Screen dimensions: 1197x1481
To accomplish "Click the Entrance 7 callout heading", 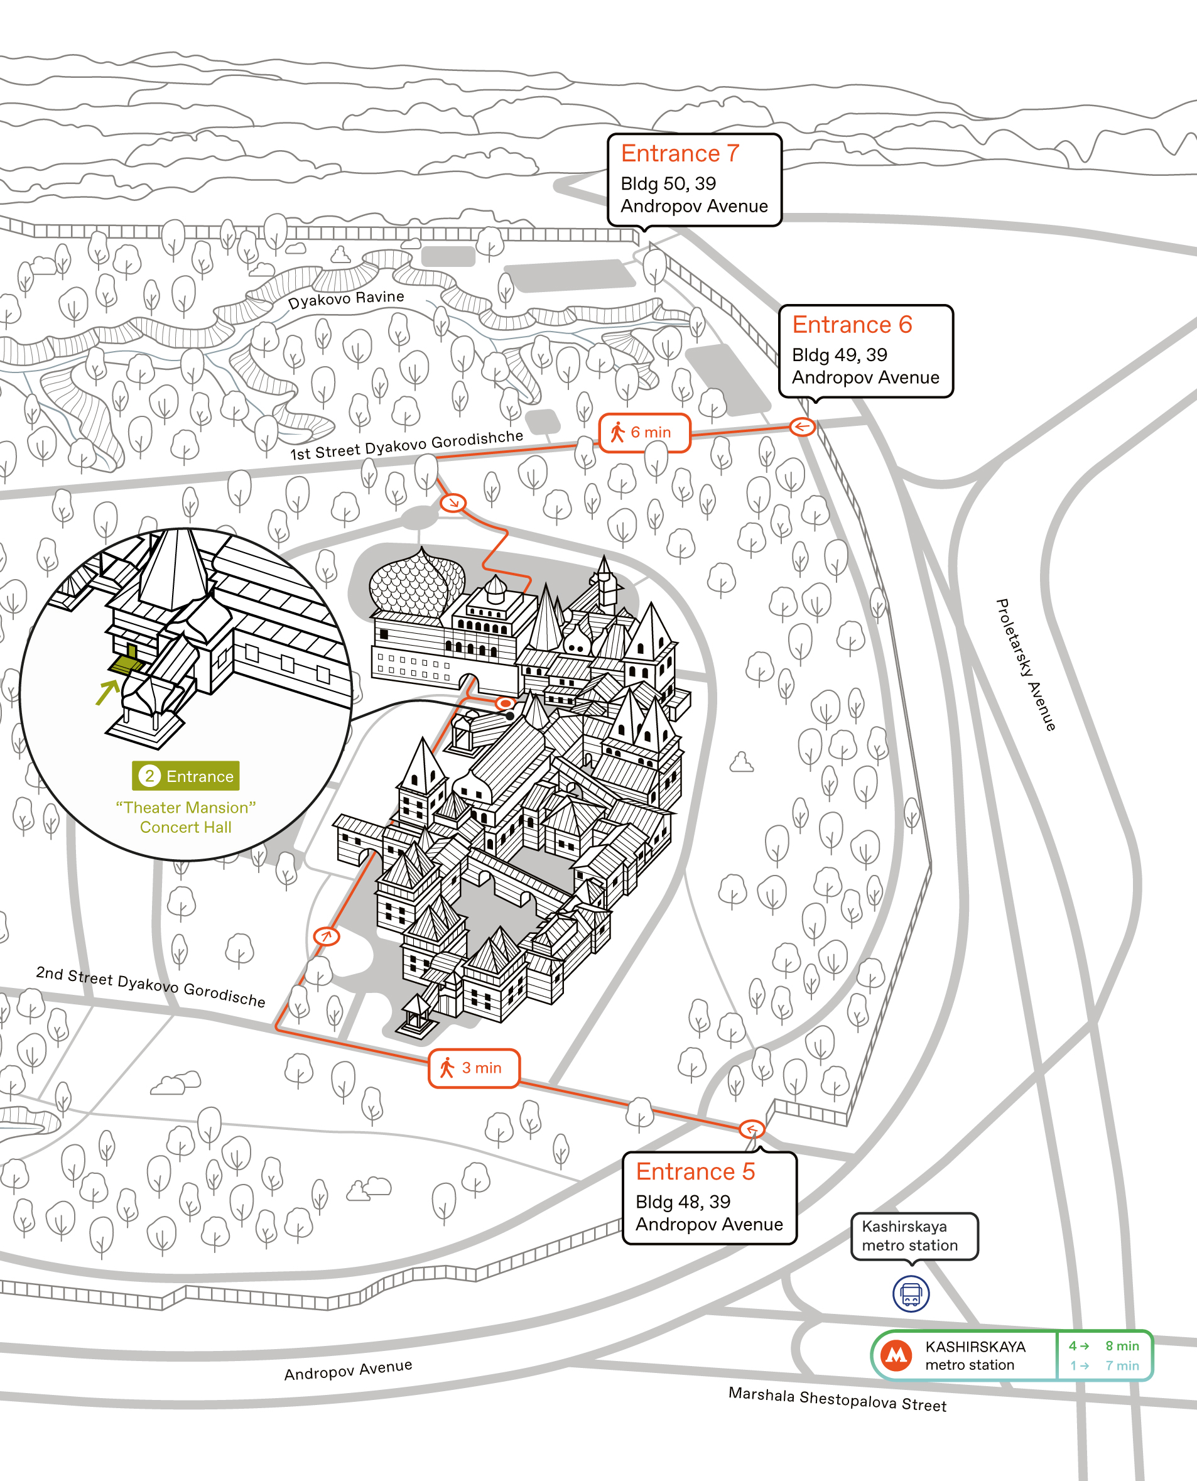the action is point(680,153).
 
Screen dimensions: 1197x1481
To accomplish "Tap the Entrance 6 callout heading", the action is point(852,324).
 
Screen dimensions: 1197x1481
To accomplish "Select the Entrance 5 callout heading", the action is point(695,1171).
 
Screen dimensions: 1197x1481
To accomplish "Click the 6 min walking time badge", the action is point(644,432).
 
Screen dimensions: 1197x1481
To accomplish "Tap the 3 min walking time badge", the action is point(474,1068).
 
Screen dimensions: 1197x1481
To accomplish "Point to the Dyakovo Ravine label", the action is point(346,300).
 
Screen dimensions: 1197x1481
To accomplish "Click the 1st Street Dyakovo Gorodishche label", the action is point(407,445).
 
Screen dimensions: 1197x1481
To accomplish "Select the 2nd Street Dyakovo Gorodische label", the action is point(150,986).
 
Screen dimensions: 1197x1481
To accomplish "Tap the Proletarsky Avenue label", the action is point(1026,665).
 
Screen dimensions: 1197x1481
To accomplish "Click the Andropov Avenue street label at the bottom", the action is point(348,1369).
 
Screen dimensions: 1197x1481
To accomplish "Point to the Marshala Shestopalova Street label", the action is point(837,1399).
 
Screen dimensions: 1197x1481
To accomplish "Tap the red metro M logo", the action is point(896,1355).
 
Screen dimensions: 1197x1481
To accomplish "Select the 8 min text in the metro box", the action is point(1122,1345).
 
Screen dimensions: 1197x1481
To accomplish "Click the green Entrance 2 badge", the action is point(185,776).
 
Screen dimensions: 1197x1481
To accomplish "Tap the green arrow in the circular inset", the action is point(107,692).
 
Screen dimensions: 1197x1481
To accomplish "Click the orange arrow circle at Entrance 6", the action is point(802,427).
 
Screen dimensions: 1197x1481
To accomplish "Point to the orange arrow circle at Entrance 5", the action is point(752,1129).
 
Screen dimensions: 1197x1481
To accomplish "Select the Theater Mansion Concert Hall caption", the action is point(185,817).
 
